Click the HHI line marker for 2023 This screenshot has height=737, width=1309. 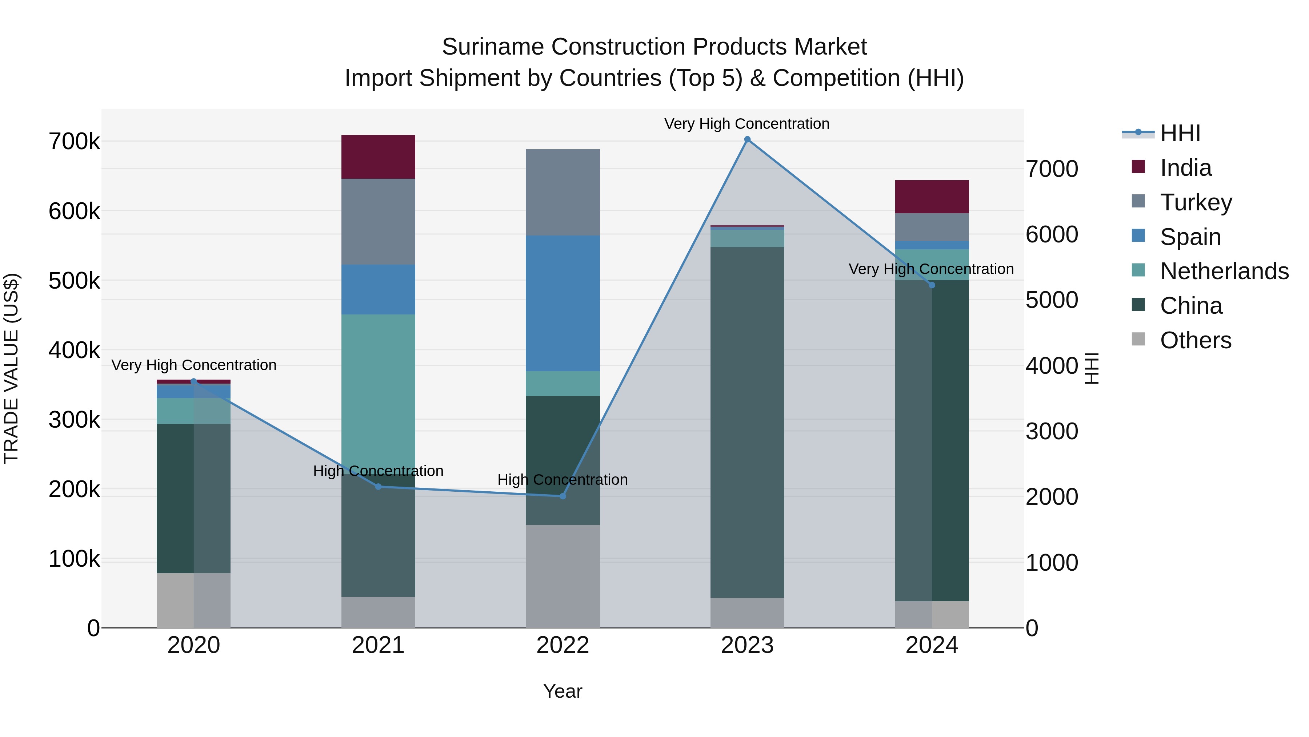coord(747,139)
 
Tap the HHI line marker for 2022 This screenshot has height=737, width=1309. coord(563,496)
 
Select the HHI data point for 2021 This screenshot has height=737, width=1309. coord(378,487)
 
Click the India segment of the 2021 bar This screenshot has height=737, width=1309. coord(378,156)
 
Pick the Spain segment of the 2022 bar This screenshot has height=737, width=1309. coord(563,303)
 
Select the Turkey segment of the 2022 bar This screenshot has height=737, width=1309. coord(563,192)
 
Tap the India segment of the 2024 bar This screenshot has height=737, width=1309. coord(932,197)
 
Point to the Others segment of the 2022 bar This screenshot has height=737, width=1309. coord(563,576)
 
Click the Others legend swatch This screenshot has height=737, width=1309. coord(1138,339)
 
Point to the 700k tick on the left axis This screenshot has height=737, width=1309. coord(74,142)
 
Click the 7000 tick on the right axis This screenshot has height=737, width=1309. coord(1051,169)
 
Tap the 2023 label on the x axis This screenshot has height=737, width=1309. coord(747,645)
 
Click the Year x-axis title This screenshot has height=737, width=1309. coord(563,691)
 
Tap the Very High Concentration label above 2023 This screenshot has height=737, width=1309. coord(746,124)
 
